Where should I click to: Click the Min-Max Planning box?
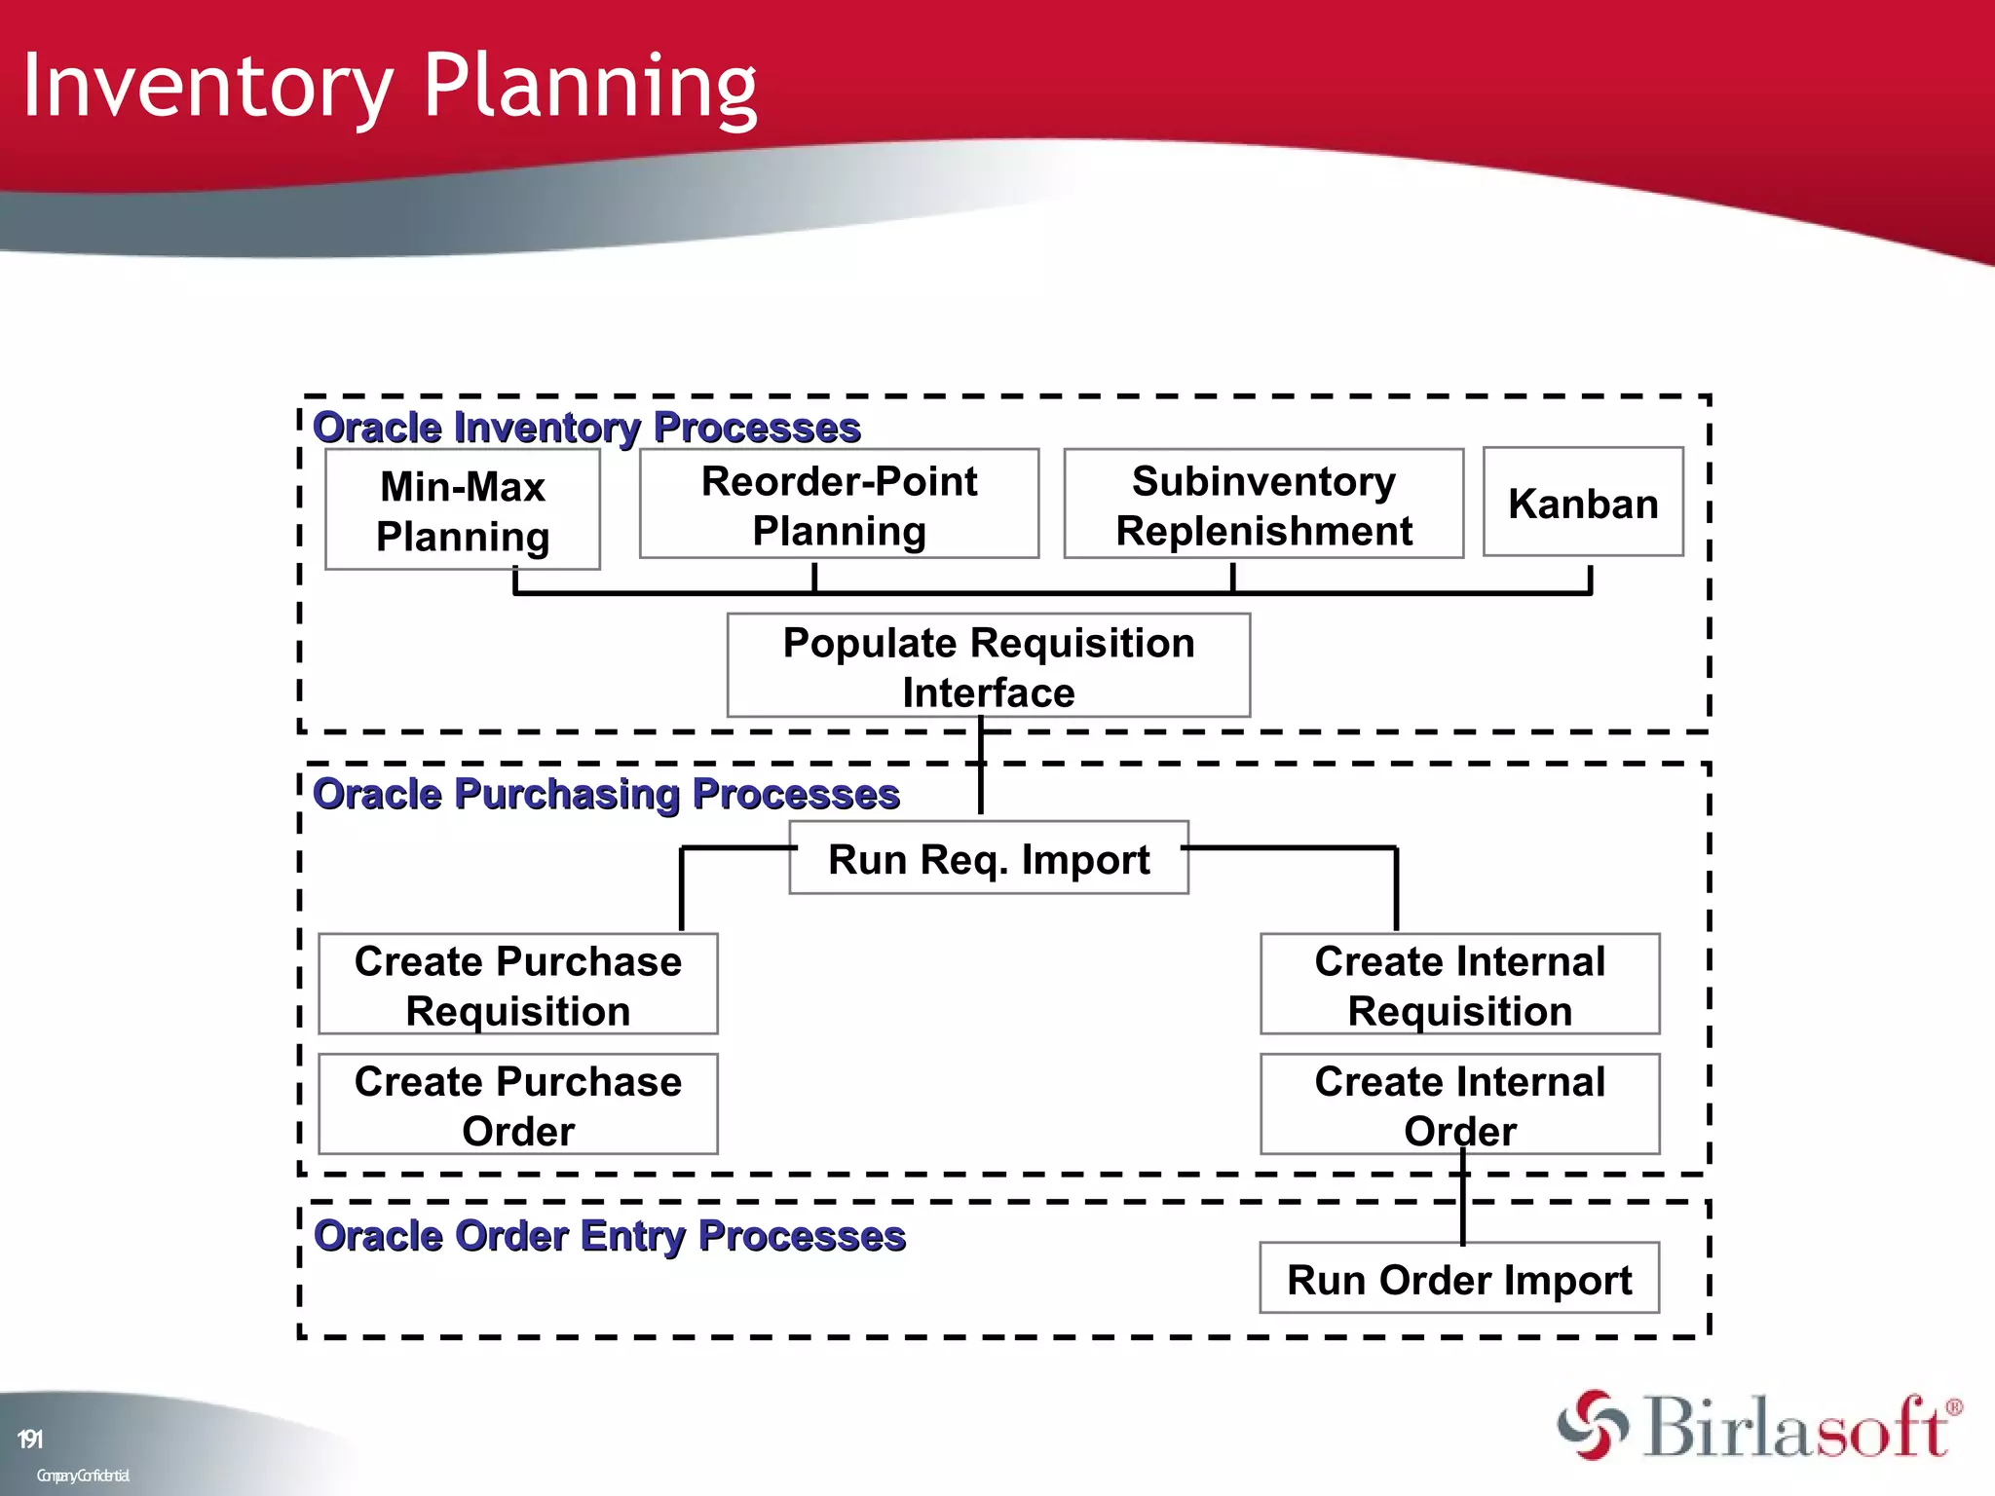pyautogui.click(x=462, y=510)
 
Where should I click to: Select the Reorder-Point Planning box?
pyautogui.click(x=839, y=505)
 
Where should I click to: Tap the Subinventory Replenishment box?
pyautogui.click(x=1262, y=505)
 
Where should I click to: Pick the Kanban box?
pyautogui.click(x=1582, y=503)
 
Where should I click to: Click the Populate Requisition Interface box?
pyautogui.click(x=988, y=666)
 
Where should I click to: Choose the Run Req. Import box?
pyautogui.click(x=988, y=858)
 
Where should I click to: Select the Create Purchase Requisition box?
pyautogui.click(x=517, y=985)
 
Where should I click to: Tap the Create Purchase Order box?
pyautogui.click(x=517, y=1104)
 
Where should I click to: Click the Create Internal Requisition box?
pyautogui.click(x=1459, y=985)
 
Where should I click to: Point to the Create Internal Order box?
pyautogui.click(x=1459, y=1104)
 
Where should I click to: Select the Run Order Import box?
pyautogui.click(x=1458, y=1279)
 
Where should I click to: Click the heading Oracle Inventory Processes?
pyautogui.click(x=586, y=428)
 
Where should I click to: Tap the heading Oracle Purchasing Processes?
pyautogui.click(x=606, y=794)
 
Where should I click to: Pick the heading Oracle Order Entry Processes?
pyautogui.click(x=609, y=1235)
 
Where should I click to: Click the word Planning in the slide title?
pyautogui.click(x=589, y=88)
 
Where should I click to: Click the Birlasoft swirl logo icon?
pyautogui.click(x=1592, y=1424)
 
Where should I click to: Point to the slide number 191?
pyautogui.click(x=30, y=1439)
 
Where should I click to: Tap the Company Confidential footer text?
pyautogui.click(x=83, y=1476)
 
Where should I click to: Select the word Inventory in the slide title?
pyautogui.click(x=207, y=88)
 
